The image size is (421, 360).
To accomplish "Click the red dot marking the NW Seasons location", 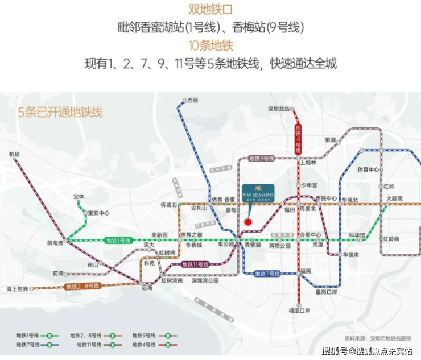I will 247,222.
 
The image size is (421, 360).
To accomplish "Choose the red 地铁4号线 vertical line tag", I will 298,138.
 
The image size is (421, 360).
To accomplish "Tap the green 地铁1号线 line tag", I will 118,241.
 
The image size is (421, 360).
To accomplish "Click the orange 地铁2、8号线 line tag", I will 83,286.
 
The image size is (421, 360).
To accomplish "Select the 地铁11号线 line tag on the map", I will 195,264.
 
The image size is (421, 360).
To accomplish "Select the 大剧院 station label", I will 394,198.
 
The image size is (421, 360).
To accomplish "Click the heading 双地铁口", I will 210,9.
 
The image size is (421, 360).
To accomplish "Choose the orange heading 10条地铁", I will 210,45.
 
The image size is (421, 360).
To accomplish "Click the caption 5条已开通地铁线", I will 61,112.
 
